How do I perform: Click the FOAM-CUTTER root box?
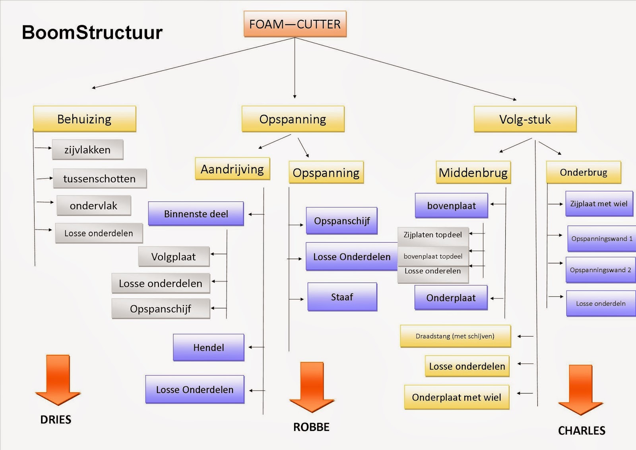pos(295,24)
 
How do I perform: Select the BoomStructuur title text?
pos(92,32)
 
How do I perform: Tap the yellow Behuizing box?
pos(85,119)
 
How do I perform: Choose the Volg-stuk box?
pos(525,119)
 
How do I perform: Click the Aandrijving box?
pos(233,169)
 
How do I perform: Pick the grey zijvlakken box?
pos(87,150)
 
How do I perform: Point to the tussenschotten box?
pos(99,179)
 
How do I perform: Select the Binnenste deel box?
pos(196,214)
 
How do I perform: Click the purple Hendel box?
pos(209,347)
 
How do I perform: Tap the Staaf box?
pos(342,297)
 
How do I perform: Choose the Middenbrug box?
pos(473,173)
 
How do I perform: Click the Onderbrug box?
pos(584,172)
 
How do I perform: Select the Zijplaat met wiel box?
pos(599,204)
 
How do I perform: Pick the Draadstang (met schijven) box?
pos(455,336)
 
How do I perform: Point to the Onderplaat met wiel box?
pos(456,397)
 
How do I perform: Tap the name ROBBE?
pos(311,427)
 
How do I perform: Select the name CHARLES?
pos(582,431)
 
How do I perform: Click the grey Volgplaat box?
pos(173,257)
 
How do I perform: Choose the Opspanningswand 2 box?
pos(600,270)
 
